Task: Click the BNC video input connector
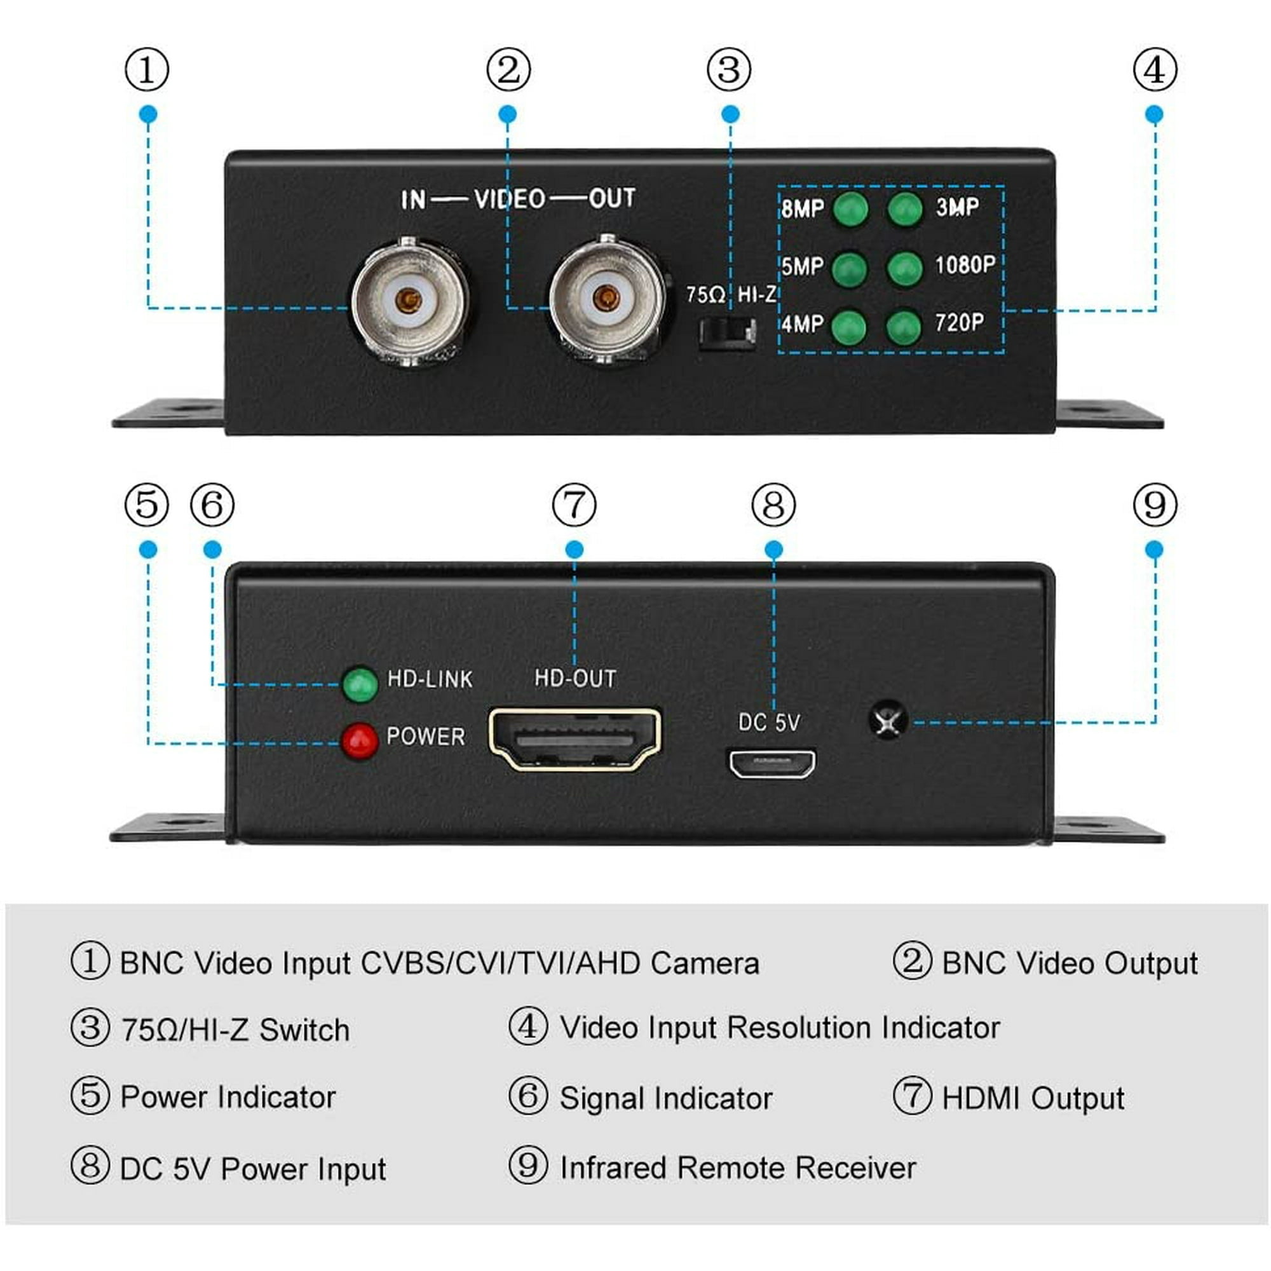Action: point(409,302)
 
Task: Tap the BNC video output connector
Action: point(606,299)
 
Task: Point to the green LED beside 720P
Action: point(904,326)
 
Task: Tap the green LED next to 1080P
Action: point(904,268)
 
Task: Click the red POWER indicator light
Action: point(359,742)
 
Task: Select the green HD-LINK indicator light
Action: point(360,684)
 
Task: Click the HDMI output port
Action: point(575,740)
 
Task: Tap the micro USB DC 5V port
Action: point(771,763)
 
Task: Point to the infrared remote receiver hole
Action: point(888,721)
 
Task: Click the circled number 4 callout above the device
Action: point(1155,70)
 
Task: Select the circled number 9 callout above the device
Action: point(1155,505)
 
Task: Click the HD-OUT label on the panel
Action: point(575,678)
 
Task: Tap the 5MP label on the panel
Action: point(803,266)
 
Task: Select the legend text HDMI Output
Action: point(1033,1098)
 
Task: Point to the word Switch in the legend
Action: point(304,1030)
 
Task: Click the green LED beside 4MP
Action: point(849,326)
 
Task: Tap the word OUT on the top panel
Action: point(612,198)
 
